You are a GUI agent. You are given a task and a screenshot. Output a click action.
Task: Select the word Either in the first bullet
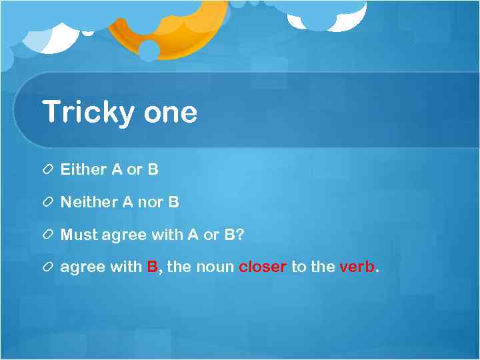point(83,169)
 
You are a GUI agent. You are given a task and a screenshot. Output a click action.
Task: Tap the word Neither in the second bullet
point(89,201)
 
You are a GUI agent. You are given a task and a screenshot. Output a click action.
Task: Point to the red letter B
point(153,267)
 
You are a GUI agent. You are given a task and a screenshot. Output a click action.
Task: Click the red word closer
point(263,267)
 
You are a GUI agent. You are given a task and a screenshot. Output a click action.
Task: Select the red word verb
point(357,267)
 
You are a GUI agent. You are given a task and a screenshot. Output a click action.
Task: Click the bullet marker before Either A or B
point(49,170)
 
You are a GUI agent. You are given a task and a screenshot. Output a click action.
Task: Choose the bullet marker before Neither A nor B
point(49,202)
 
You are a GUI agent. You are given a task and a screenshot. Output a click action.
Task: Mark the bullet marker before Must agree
point(49,235)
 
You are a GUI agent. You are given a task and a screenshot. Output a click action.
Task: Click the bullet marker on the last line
point(49,267)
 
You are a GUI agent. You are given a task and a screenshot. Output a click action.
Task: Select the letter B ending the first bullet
point(153,169)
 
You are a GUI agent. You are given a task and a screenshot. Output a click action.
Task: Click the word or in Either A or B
point(135,169)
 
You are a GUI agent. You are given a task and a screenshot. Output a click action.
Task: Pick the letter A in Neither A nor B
point(128,201)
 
